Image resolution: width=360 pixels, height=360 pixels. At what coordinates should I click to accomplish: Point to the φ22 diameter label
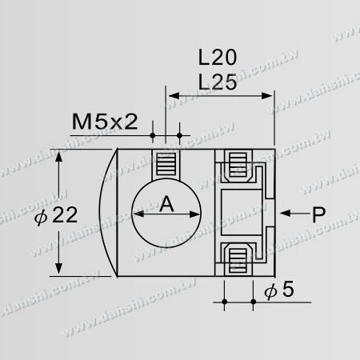click(33, 215)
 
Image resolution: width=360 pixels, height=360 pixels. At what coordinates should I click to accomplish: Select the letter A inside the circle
click(166, 205)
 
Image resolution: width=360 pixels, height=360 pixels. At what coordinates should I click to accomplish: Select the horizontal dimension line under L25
click(219, 97)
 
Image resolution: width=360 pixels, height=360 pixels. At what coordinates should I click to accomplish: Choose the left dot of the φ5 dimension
click(225, 302)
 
